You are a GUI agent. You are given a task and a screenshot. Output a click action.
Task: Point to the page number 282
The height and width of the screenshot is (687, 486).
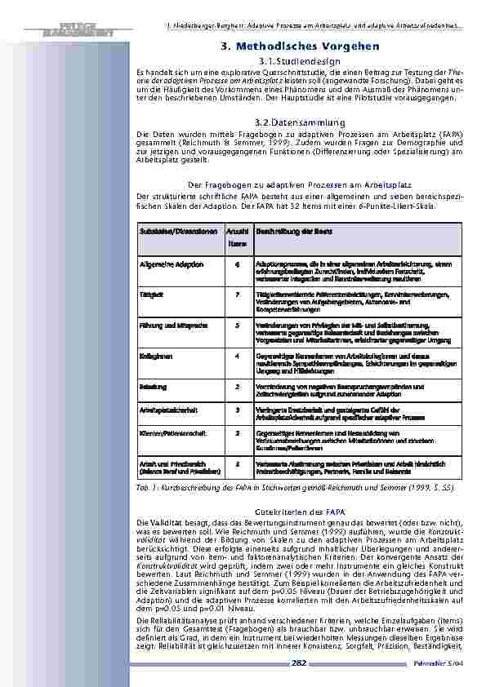click(x=300, y=663)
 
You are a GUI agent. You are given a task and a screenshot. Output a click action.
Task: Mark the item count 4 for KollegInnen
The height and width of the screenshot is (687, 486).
click(x=237, y=356)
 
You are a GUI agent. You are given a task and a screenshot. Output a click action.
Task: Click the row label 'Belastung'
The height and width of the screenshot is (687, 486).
click(x=154, y=384)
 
